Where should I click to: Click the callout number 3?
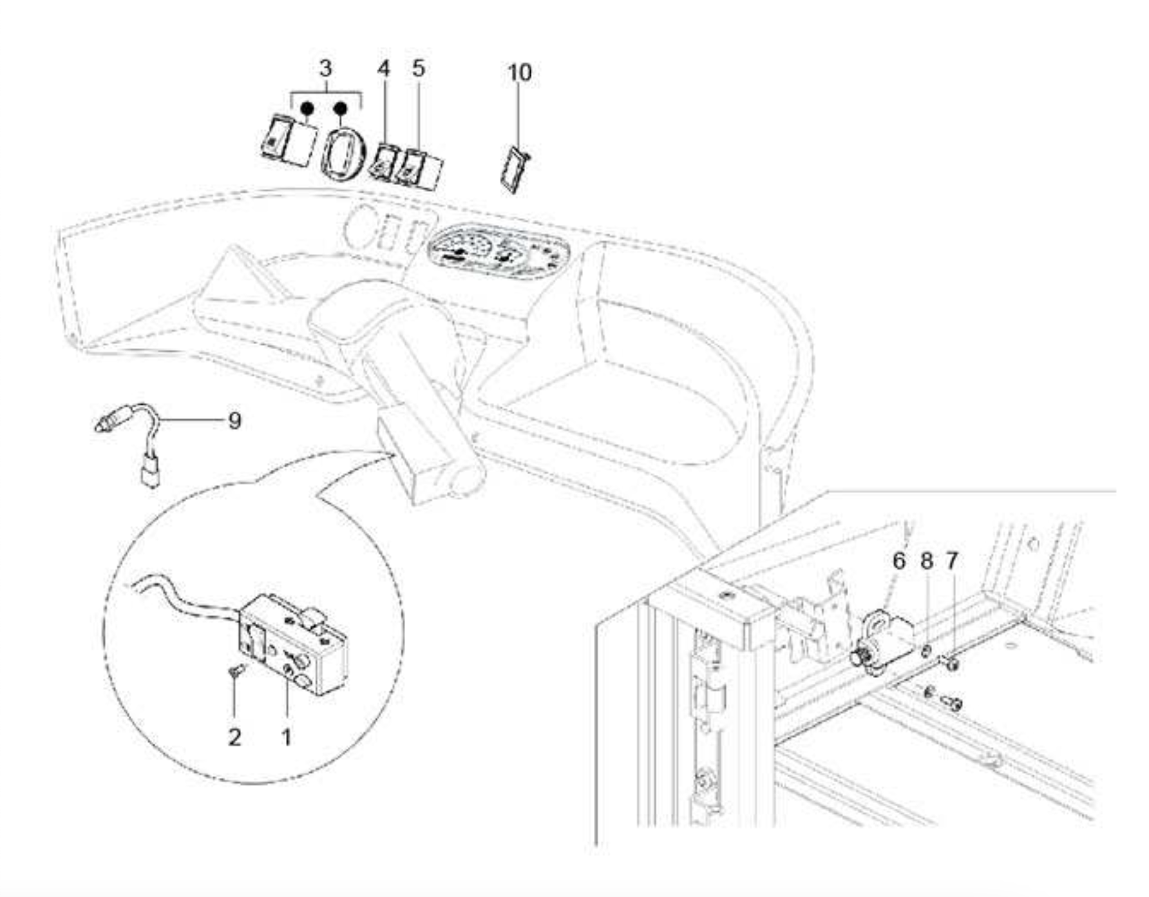(x=325, y=68)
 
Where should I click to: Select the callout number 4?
(x=384, y=68)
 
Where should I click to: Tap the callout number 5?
(x=419, y=68)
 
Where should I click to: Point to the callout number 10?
(x=520, y=72)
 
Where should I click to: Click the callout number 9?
(x=235, y=421)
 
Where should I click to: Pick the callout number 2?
(x=234, y=737)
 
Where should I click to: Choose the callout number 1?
(x=287, y=737)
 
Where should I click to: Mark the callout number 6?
(x=899, y=561)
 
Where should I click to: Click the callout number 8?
(x=927, y=561)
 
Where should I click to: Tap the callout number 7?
(x=952, y=561)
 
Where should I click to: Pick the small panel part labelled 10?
(x=514, y=169)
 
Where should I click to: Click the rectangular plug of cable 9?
(x=149, y=476)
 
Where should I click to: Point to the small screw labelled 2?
(x=236, y=671)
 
